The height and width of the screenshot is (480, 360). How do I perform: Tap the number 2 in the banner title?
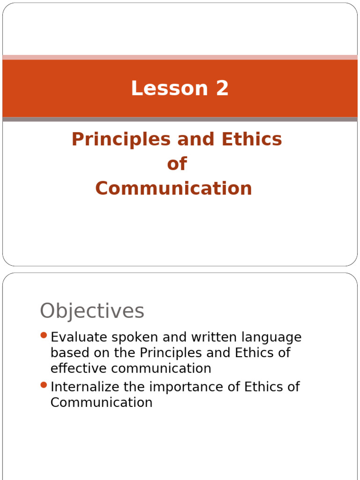222,89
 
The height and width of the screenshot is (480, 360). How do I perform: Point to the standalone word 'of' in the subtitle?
177,164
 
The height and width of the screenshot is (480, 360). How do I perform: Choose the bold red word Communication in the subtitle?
173,188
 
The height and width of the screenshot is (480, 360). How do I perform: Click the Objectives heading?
92,311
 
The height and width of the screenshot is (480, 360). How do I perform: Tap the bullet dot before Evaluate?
44,335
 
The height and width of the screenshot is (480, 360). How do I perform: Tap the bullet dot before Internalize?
44,385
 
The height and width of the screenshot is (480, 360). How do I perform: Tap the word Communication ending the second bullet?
101,403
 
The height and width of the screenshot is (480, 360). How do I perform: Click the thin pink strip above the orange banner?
180,57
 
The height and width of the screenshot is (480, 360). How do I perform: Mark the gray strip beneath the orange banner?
180,120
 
